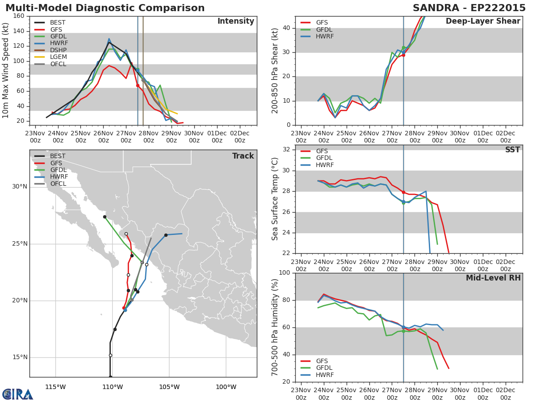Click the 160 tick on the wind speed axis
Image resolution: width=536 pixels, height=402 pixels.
(19, 16)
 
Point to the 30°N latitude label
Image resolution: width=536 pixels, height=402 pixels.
(20, 187)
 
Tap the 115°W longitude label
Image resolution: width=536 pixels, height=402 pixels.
(55, 387)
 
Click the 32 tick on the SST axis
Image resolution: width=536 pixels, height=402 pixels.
(286, 149)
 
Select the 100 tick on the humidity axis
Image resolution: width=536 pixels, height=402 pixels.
(285, 272)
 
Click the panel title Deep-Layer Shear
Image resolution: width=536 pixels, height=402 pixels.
(483, 21)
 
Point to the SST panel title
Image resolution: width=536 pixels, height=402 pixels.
(512, 150)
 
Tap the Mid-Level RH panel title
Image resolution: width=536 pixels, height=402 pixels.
(493, 278)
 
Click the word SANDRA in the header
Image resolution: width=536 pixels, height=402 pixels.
(436, 8)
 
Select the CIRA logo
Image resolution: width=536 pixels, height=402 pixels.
(17, 394)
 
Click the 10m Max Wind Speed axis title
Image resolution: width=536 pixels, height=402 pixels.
(5, 71)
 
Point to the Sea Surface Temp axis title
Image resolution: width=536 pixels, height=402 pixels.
(275, 199)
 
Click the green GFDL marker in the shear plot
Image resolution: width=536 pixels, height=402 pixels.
(403, 48)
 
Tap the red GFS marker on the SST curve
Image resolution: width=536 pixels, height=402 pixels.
(403, 193)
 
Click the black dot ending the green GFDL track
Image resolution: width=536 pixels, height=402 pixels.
(105, 217)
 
